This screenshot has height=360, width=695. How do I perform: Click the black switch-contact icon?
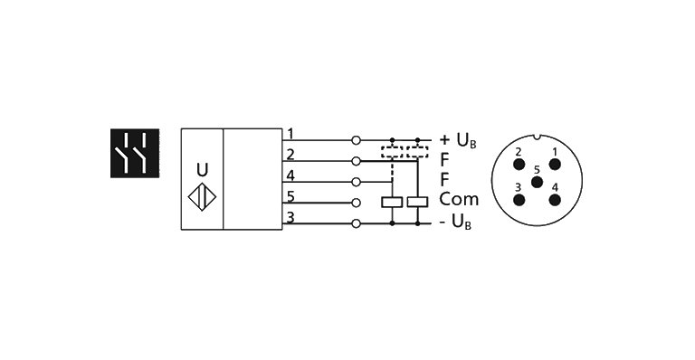[x=135, y=153]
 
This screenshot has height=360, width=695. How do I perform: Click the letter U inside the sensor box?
[x=202, y=169]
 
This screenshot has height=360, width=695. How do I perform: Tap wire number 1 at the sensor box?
[x=290, y=134]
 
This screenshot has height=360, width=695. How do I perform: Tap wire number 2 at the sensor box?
[x=290, y=155]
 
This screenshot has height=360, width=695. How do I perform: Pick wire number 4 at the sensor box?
[x=290, y=175]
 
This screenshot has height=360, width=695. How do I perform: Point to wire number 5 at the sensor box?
[x=290, y=196]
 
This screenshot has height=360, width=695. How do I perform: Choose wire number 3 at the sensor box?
[x=290, y=216]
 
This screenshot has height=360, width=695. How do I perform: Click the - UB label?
[x=457, y=223]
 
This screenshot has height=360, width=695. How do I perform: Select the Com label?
[x=458, y=200]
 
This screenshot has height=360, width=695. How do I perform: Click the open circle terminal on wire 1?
[x=357, y=140]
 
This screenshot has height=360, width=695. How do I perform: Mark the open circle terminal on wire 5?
[x=357, y=203]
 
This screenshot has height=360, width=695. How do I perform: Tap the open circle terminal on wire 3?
[x=357, y=223]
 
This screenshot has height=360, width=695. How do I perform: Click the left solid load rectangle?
[x=392, y=203]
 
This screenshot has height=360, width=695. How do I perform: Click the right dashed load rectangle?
[x=417, y=153]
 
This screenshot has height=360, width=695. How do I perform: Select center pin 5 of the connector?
[x=537, y=181]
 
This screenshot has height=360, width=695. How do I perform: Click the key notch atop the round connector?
[x=537, y=137]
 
